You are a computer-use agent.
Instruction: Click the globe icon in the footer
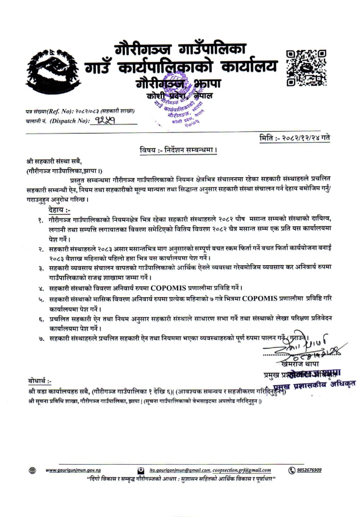[x=32, y=470]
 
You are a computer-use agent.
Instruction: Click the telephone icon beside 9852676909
[x=292, y=470]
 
